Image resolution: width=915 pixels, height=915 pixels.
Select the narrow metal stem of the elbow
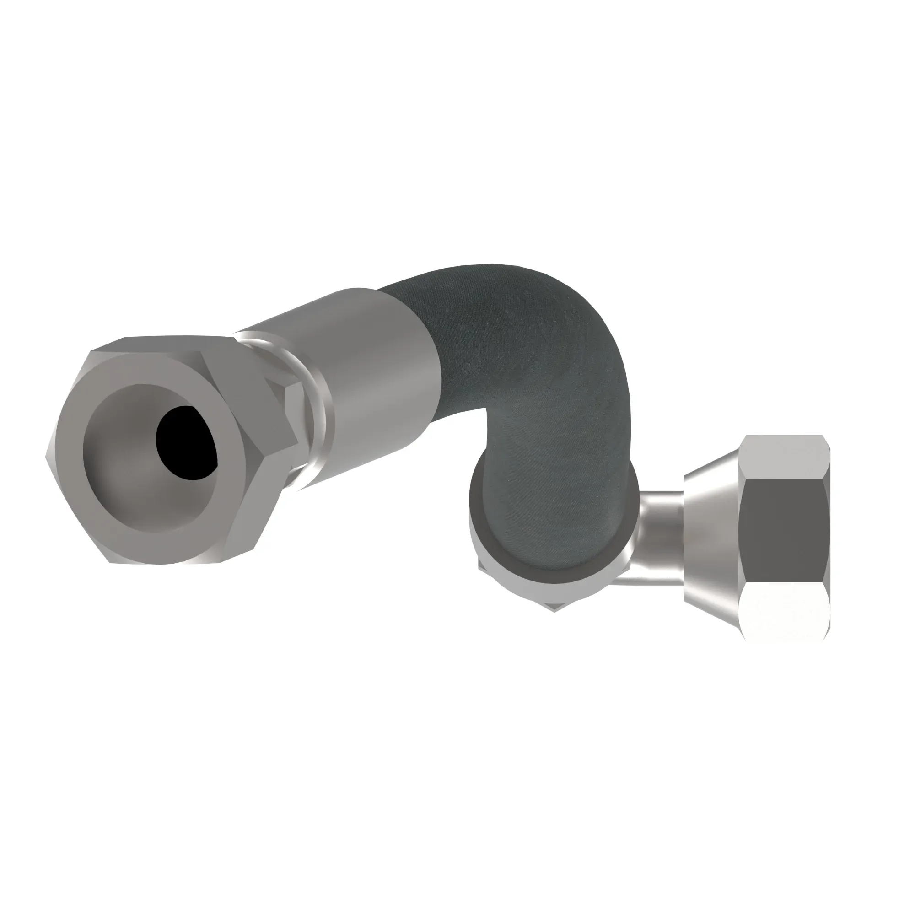tap(661, 521)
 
